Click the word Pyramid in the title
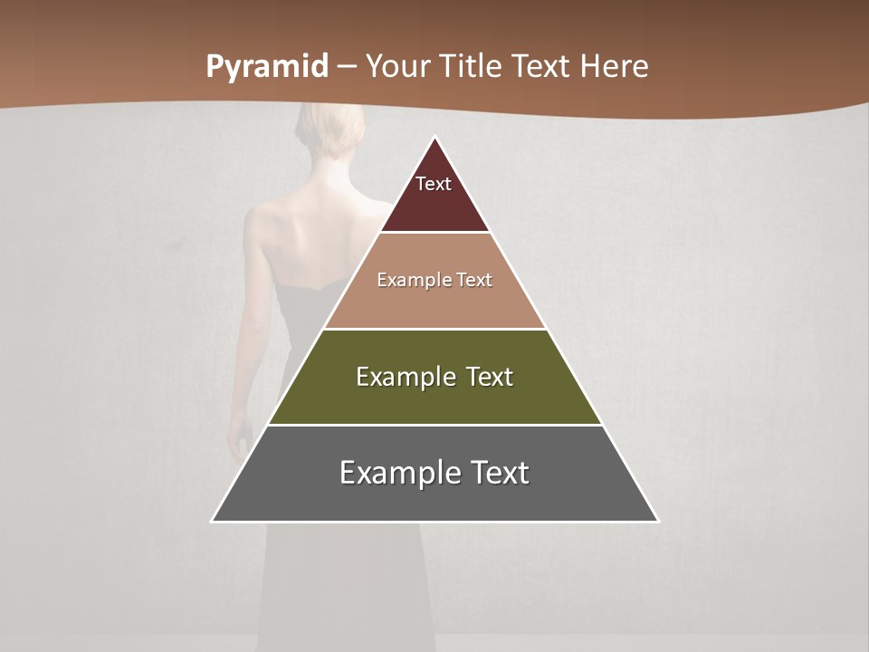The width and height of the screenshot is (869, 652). (x=266, y=67)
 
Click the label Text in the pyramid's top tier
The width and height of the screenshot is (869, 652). (x=434, y=184)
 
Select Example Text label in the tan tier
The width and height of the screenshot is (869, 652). (x=434, y=280)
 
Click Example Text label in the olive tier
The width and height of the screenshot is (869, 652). (x=434, y=377)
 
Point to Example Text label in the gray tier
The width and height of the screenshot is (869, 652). (x=434, y=473)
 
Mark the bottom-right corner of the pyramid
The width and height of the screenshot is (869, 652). (x=657, y=521)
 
